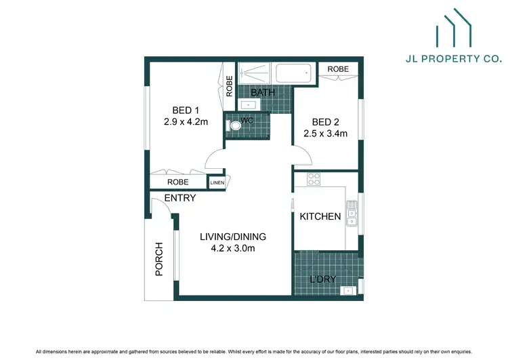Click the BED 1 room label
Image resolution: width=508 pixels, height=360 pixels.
click(x=186, y=111)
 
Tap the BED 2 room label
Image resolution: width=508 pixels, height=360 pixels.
click(x=325, y=122)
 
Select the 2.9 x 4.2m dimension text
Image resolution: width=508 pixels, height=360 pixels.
click(x=186, y=123)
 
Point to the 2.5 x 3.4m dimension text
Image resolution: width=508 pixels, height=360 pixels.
click(x=325, y=134)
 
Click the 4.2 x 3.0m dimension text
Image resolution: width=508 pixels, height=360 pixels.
click(x=232, y=248)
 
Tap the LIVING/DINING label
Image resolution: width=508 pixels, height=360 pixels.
click(x=232, y=237)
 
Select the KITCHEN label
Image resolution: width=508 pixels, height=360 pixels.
click(x=320, y=217)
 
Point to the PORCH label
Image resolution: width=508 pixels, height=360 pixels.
click(x=160, y=260)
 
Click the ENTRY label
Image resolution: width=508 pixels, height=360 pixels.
click(x=180, y=198)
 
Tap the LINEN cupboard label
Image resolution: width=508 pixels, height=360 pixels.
click(x=217, y=183)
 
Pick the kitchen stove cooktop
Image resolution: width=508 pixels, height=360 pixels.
click(x=314, y=180)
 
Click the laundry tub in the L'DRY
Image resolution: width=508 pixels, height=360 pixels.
click(x=348, y=291)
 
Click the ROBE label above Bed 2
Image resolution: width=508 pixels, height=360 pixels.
click(x=338, y=69)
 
